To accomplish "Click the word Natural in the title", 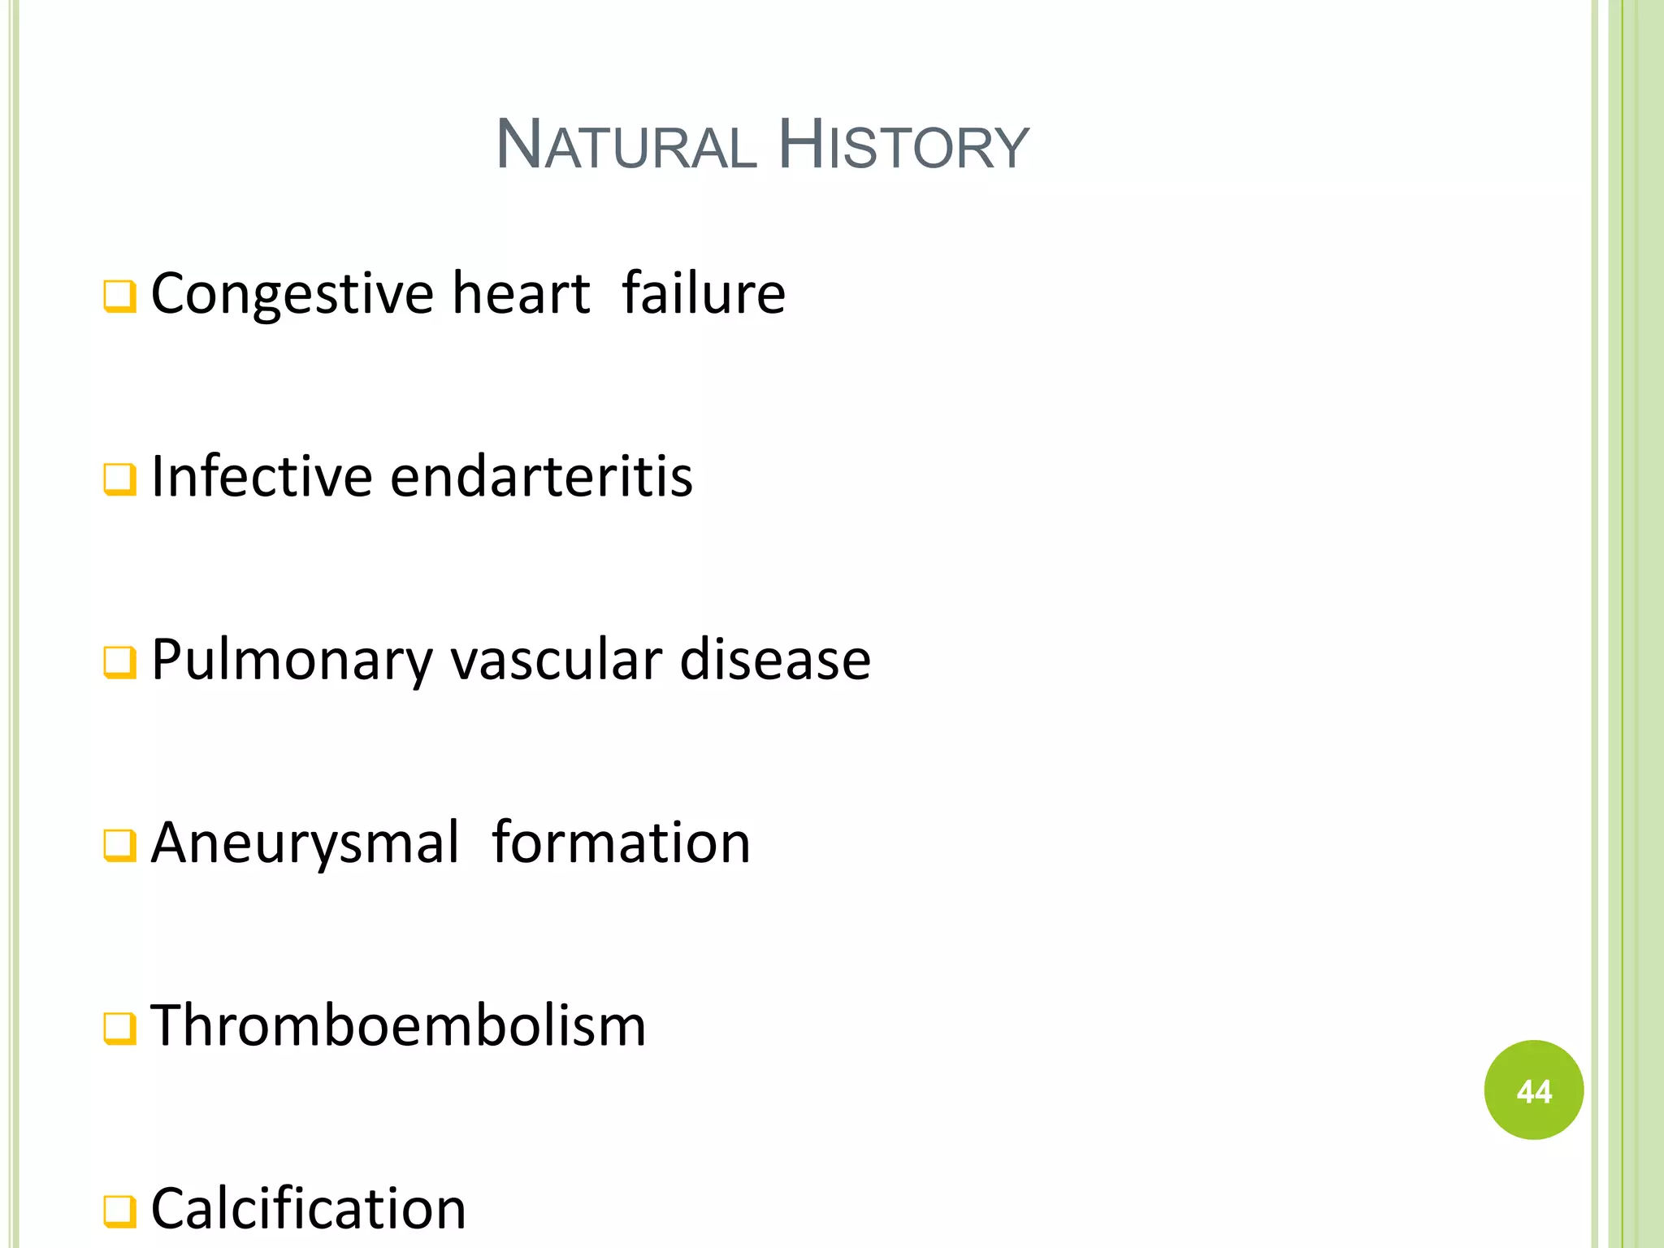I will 626,146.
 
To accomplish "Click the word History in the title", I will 903,146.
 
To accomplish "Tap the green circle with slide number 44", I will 1533,1090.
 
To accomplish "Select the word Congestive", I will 292,294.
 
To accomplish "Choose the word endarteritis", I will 541,476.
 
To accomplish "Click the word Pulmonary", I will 292,660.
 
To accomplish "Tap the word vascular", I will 556,660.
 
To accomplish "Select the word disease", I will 775,660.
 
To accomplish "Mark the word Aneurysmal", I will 305,843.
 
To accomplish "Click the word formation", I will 622,843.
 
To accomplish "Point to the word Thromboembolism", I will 398,1025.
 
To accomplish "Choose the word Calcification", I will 309,1209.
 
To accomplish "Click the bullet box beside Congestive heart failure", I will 119,297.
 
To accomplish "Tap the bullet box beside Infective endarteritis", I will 119,480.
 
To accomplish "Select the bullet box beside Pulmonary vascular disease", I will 119,663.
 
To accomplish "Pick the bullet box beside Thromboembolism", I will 119,1029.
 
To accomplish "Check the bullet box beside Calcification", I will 119,1212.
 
